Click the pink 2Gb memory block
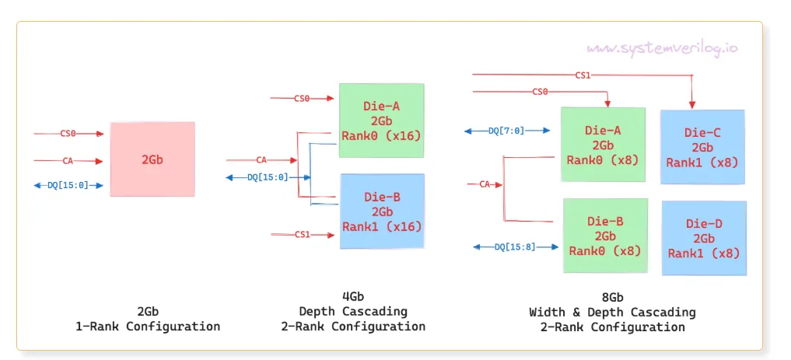pyautogui.click(x=152, y=159)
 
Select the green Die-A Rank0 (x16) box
pyautogui.click(x=381, y=121)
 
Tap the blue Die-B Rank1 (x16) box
pyautogui.click(x=382, y=211)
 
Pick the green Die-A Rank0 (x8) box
pyautogui.click(x=604, y=145)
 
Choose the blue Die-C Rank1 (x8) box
pyautogui.click(x=702, y=147)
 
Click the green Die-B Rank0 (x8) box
pyautogui.click(x=604, y=236)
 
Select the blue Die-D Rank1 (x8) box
pyautogui.click(x=704, y=238)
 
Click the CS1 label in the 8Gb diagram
pyautogui.click(x=583, y=75)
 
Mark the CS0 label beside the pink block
pyautogui.click(x=68, y=134)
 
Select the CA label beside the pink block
pyautogui.click(x=68, y=161)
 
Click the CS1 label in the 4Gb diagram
pyautogui.click(x=302, y=234)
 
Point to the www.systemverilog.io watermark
pyautogui.click(x=662, y=48)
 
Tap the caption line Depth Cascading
pyautogui.click(x=353, y=311)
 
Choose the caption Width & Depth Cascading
pyautogui.click(x=612, y=312)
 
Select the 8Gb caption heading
pyautogui.click(x=612, y=297)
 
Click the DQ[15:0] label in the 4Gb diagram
pyautogui.click(x=268, y=177)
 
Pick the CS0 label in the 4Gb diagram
pyautogui.click(x=302, y=98)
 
